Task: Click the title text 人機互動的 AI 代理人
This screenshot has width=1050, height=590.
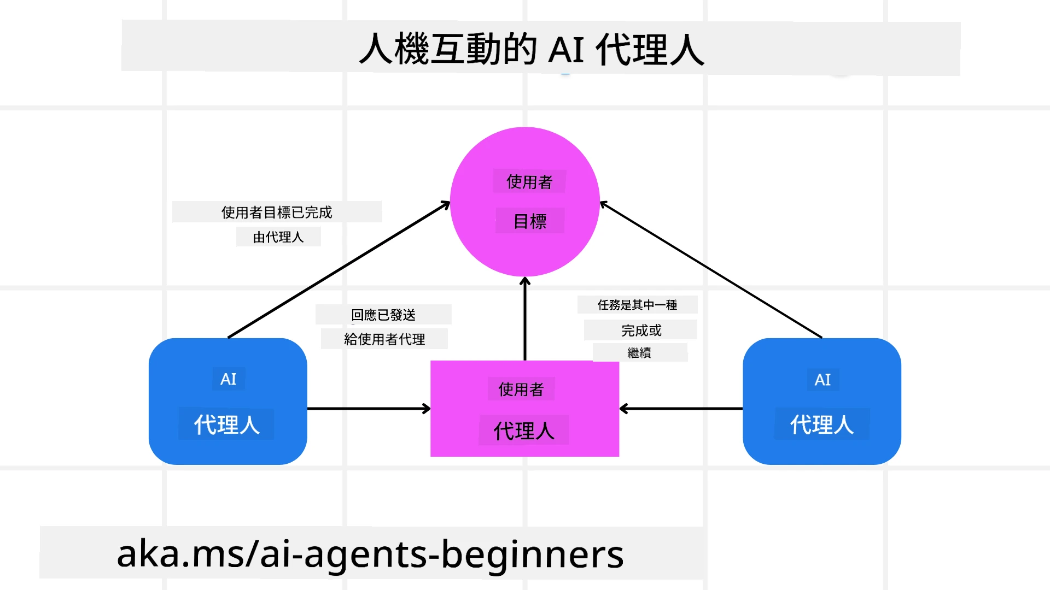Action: [x=532, y=49]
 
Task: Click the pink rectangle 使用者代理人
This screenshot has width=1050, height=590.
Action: [x=524, y=409]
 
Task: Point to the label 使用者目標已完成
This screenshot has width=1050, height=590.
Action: [x=277, y=212]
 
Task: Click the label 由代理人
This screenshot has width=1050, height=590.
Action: [x=278, y=237]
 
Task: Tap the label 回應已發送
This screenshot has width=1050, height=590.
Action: [x=383, y=315]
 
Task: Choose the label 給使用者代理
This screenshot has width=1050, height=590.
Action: [x=384, y=339]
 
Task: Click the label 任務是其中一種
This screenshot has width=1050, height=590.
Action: [x=637, y=305]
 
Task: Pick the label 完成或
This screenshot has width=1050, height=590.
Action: [x=641, y=331]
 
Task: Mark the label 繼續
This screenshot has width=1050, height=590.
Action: [x=639, y=353]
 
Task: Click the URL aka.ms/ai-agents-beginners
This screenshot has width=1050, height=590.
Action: [x=370, y=553]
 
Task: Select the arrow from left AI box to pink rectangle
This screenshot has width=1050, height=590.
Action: [x=369, y=409]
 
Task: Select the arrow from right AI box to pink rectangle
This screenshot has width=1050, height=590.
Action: [x=681, y=409]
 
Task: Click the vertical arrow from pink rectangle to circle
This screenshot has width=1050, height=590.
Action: [x=525, y=320]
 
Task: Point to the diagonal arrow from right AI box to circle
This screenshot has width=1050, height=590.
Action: [x=711, y=270]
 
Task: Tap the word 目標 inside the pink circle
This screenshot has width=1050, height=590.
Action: [x=530, y=221]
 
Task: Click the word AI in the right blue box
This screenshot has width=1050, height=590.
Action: [x=822, y=380]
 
